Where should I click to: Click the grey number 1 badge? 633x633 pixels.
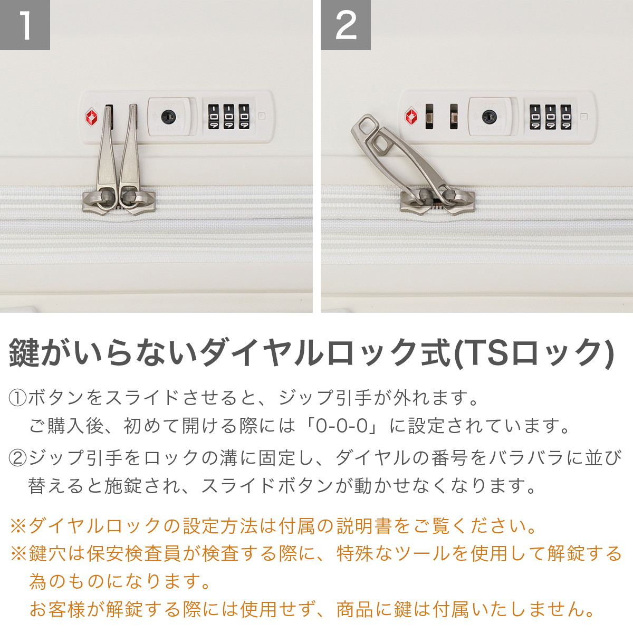pos(25,25)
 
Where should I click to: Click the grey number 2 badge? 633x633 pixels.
pos(346,25)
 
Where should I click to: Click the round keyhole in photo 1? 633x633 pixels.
pos(168,117)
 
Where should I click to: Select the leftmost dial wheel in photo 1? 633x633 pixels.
pos(214,117)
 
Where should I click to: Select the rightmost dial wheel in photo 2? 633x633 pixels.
pos(565,117)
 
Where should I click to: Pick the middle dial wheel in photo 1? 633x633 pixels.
pos(228,117)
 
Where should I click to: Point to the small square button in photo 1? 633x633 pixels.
pos(262,116)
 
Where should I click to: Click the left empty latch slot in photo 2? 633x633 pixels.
pos(429,116)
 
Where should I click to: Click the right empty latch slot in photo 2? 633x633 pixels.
pos(454,116)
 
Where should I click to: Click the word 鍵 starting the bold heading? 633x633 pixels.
pos(25,353)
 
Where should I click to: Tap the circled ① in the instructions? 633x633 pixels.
pos(18,398)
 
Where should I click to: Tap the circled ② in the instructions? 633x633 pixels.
pos(18,458)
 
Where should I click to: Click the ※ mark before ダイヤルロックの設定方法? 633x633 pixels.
pos(18,526)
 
